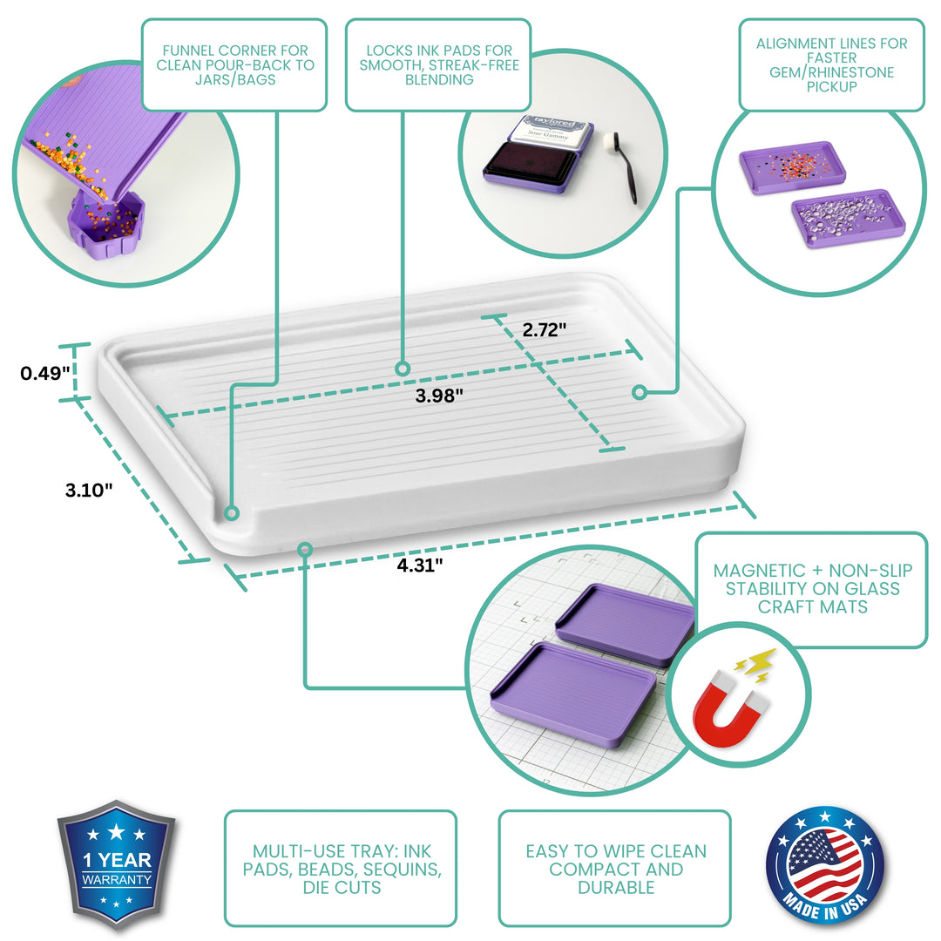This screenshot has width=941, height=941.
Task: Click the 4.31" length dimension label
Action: (x=421, y=565)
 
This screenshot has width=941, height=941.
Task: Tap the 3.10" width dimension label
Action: (x=89, y=490)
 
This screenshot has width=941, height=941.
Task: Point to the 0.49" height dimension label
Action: (x=45, y=373)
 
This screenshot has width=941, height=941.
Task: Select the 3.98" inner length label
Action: (x=439, y=395)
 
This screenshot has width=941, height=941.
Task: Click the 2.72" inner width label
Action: (x=545, y=330)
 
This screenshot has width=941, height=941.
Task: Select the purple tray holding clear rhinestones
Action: (x=847, y=218)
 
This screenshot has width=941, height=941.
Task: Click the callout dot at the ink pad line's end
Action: (x=403, y=369)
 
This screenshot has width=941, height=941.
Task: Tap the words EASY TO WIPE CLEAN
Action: (x=615, y=851)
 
